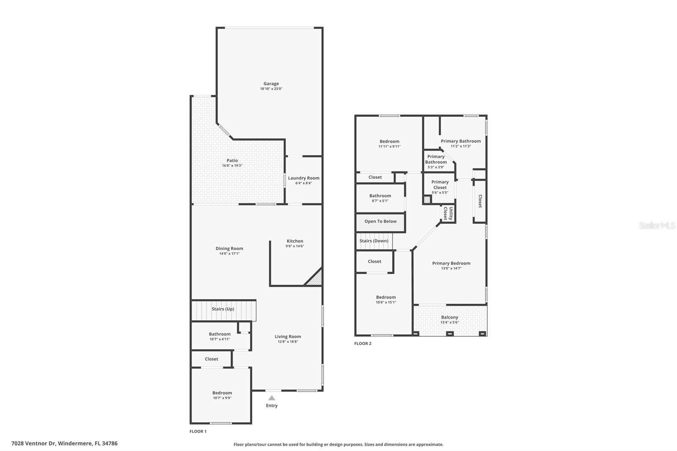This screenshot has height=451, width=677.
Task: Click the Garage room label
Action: (x=271, y=84)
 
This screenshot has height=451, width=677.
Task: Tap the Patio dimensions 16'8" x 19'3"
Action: (x=232, y=166)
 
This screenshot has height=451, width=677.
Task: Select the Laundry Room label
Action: (x=303, y=178)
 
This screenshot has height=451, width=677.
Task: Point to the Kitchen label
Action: (x=294, y=241)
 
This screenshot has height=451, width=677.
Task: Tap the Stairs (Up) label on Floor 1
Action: (x=223, y=309)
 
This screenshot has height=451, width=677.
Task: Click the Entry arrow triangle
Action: (x=272, y=398)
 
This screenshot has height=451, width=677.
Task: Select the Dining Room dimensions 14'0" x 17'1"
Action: (x=229, y=254)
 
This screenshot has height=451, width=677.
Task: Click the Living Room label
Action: (x=288, y=337)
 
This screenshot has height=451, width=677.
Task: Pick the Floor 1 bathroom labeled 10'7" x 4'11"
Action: (x=220, y=336)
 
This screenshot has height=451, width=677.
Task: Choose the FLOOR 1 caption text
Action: (x=198, y=432)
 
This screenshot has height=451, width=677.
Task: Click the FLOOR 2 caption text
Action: (x=363, y=344)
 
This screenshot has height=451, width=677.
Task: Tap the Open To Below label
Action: (x=380, y=221)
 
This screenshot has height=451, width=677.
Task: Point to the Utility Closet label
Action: (x=448, y=214)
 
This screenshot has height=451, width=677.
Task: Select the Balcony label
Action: (x=449, y=317)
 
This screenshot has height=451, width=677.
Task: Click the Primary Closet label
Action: (x=440, y=185)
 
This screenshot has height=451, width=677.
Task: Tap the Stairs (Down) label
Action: (x=374, y=241)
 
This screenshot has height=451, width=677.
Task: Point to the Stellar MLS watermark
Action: (x=657, y=225)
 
